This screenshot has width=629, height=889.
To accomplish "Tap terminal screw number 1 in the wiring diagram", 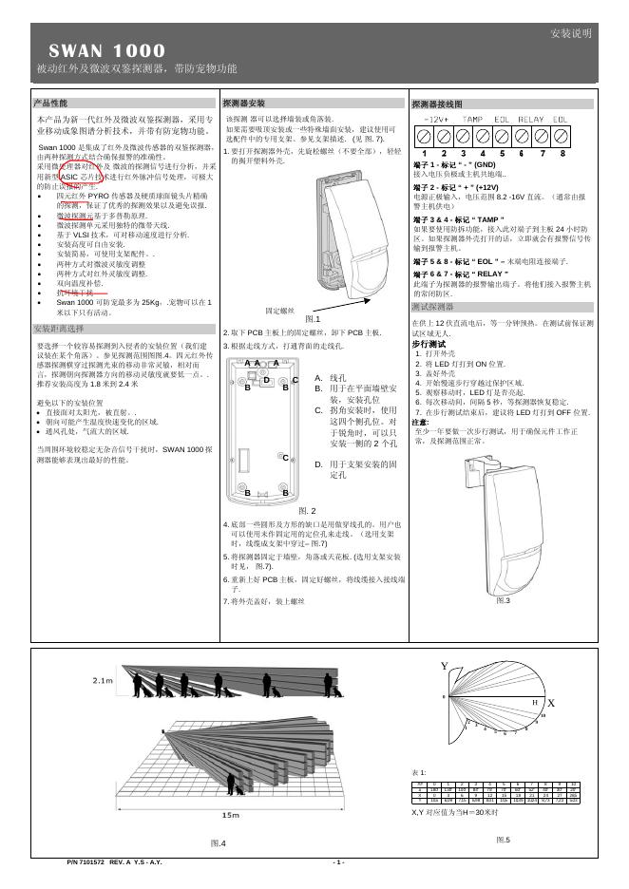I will click(x=420, y=137).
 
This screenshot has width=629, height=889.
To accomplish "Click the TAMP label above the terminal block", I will click(x=472, y=119).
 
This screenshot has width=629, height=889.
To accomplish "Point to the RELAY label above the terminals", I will click(x=530, y=119).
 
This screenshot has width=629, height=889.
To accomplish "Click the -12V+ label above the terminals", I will click(x=434, y=119).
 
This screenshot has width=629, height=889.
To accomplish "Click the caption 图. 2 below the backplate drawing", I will click(x=314, y=511).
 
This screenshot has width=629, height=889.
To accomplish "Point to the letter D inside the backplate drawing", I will click(x=267, y=381).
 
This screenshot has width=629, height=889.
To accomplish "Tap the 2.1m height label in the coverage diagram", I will click(x=104, y=682).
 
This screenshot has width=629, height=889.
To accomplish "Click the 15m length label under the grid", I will click(x=230, y=816).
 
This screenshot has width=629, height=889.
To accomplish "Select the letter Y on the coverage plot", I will click(x=444, y=667).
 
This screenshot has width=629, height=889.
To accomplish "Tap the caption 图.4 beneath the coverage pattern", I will click(x=218, y=842).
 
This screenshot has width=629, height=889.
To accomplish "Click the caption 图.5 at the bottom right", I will click(x=504, y=840).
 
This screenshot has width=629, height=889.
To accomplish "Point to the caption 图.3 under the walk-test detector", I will click(x=504, y=600).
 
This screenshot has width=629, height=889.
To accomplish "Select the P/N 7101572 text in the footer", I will click(x=87, y=862).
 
